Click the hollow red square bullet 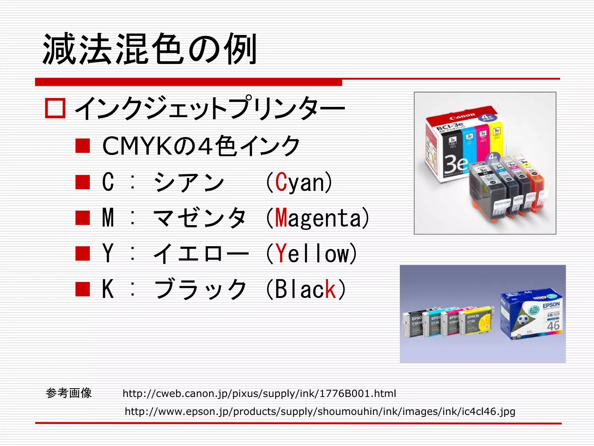55,108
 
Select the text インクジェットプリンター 209,108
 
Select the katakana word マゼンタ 200,218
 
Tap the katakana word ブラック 200,289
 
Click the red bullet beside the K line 83,289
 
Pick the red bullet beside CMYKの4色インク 83,146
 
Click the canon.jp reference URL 259,393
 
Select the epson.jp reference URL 320,411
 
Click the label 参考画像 69,393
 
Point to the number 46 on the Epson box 553,326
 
